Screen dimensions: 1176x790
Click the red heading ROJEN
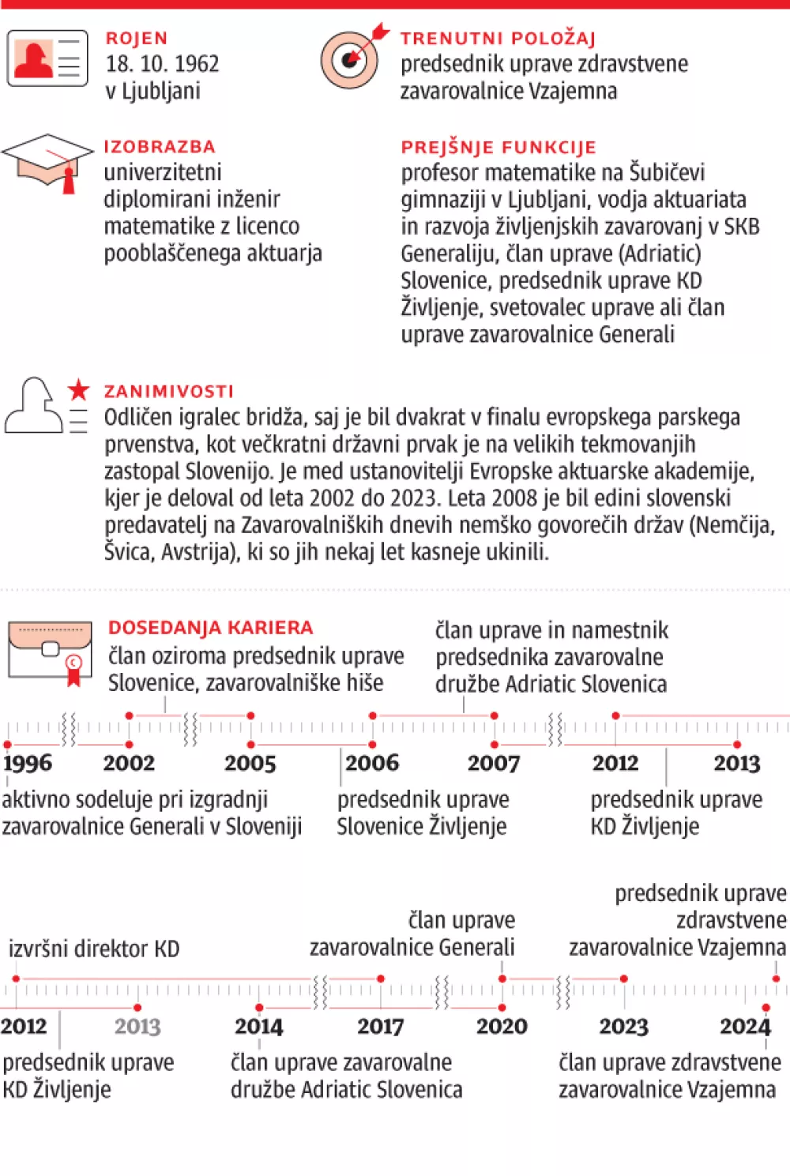pos(137,38)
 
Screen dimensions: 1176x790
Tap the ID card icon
pos(47,58)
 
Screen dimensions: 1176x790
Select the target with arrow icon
pos(351,58)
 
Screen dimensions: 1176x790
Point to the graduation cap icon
pos(47,160)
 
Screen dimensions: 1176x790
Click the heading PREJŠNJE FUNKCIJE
pos(498,147)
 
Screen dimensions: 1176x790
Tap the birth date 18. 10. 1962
pos(163,64)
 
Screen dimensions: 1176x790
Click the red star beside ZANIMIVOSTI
pos(78,389)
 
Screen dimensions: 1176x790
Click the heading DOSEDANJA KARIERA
pos(211,628)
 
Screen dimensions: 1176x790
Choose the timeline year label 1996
pos(28,763)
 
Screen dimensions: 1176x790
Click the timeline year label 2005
pos(250,763)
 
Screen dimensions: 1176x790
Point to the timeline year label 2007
pos(494,763)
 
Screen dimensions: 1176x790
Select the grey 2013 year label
pos(137,1026)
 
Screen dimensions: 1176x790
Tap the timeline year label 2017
pos(380,1026)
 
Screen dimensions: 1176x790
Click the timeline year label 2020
pos(502,1026)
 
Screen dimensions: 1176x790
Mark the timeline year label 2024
pos(745,1026)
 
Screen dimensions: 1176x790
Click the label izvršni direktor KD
pos(94,949)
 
